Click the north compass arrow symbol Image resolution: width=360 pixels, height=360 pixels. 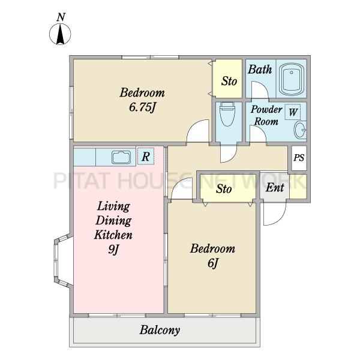[60, 34]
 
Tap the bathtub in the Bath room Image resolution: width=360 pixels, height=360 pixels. [292, 79]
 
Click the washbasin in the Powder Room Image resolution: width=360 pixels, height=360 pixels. [300, 130]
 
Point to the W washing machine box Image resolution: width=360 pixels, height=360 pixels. [293, 112]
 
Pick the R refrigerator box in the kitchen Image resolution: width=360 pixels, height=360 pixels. [146, 157]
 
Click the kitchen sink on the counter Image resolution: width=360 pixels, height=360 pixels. [121, 157]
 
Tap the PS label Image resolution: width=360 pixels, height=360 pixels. [299, 158]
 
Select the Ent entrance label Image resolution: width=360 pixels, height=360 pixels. [275, 188]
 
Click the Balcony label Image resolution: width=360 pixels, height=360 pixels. [160, 331]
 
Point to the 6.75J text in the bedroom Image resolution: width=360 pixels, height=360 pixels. [143, 107]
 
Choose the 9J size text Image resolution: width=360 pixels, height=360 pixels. [114, 249]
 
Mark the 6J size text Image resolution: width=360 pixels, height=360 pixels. [212, 263]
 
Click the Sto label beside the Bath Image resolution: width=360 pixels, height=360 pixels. [229, 81]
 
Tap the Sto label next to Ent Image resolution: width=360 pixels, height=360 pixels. [224, 189]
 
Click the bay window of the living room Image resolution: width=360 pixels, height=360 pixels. [62, 260]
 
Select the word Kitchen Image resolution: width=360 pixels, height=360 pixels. [113, 235]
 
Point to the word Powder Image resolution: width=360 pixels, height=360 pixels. [266, 109]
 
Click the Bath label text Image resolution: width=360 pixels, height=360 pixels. [260, 70]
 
